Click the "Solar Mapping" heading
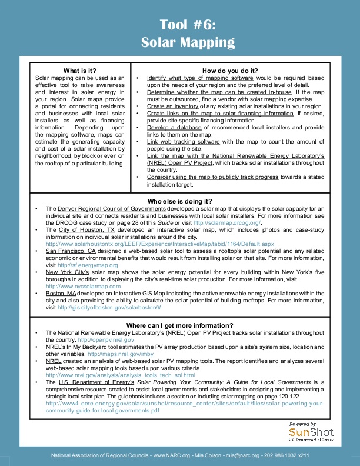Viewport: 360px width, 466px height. click(188, 42)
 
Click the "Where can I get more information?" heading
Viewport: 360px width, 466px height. click(180, 325)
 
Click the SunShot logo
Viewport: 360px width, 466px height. click(311, 433)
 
